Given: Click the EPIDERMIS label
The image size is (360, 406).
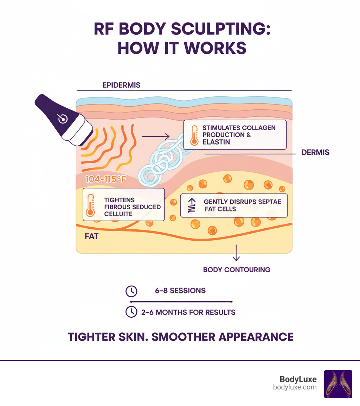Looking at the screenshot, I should pyautogui.click(x=121, y=85).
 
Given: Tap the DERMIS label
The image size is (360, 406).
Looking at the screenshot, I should pyautogui.click(x=315, y=153).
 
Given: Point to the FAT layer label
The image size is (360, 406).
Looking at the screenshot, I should pyautogui.click(x=91, y=236).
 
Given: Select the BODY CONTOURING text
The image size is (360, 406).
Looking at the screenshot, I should pyautogui.click(x=237, y=270).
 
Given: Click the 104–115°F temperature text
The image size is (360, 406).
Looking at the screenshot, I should pyautogui.click(x=106, y=179).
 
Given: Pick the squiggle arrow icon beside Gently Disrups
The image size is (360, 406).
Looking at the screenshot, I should pyautogui.click(x=191, y=205).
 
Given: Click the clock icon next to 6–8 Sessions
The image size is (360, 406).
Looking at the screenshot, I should pyautogui.click(x=131, y=291).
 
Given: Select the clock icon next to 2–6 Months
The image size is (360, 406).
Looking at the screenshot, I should pyautogui.click(x=131, y=312).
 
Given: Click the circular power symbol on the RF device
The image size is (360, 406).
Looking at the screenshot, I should pyautogui.click(x=63, y=119).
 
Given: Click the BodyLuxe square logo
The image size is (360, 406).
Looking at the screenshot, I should pyautogui.click(x=338, y=384).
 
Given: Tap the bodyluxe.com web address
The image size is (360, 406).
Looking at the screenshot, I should pyautogui.click(x=295, y=387).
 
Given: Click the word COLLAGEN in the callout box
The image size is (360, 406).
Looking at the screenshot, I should pyautogui.click(x=258, y=127).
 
